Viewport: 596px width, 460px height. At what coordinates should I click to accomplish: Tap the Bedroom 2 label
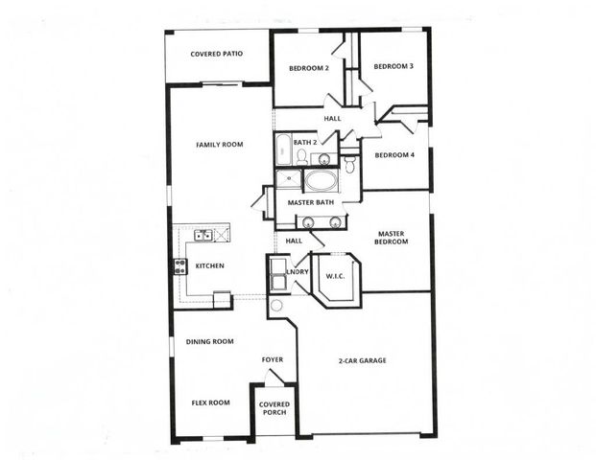tap(309, 68)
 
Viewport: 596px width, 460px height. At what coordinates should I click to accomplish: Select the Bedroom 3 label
tap(393, 66)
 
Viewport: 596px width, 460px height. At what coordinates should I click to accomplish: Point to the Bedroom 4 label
tap(393, 155)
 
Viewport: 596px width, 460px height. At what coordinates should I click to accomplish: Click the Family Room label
tap(219, 145)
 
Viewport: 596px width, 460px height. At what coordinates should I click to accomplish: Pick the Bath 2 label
tap(305, 143)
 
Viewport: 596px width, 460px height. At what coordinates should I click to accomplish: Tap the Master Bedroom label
tap(393, 237)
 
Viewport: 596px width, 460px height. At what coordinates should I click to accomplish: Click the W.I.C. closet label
tap(335, 276)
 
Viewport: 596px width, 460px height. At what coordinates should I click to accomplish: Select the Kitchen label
tap(209, 265)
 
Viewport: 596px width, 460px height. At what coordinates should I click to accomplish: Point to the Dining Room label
tap(209, 341)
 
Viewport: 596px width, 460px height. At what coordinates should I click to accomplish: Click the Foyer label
tap(274, 359)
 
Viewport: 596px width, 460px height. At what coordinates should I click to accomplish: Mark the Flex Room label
tap(210, 402)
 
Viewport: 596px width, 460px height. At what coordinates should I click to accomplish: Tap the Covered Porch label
tap(274, 409)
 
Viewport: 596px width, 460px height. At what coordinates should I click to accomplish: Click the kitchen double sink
tap(203, 235)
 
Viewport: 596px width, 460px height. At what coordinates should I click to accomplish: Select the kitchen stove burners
tap(179, 267)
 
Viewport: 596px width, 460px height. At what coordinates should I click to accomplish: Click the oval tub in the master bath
tap(321, 181)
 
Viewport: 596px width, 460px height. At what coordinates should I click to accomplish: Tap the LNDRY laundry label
tap(298, 272)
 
